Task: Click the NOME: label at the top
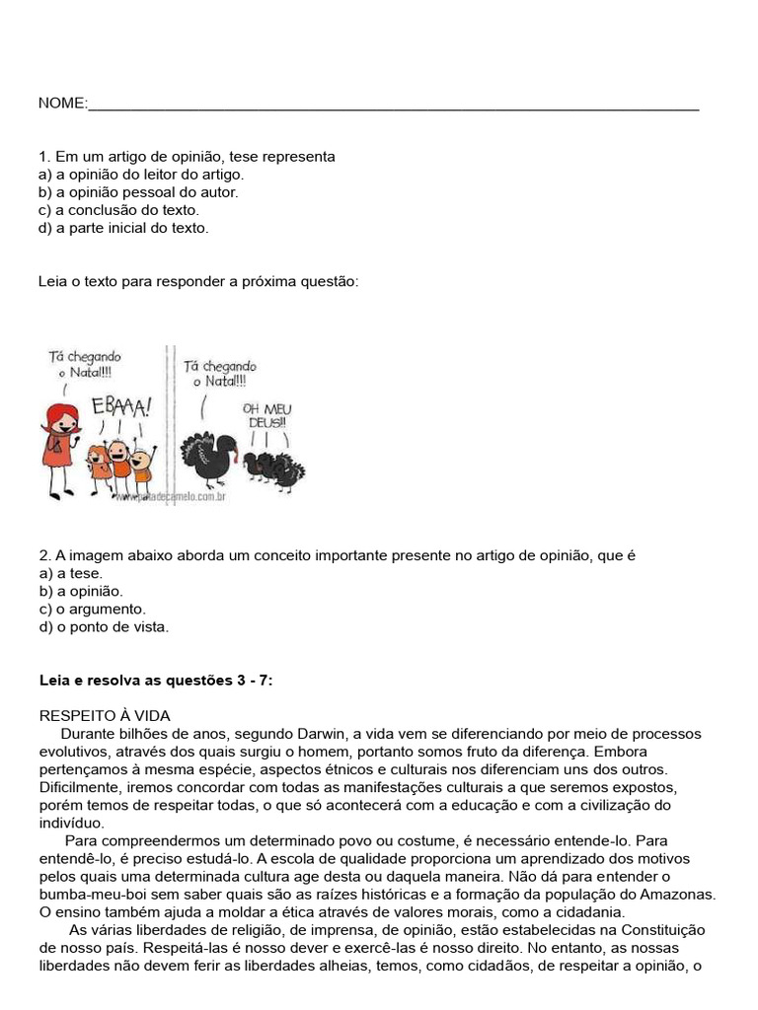click(62, 104)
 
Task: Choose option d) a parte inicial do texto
click(123, 228)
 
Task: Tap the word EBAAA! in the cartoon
click(121, 405)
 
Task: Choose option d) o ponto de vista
click(104, 626)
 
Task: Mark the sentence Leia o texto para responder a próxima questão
click(198, 282)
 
